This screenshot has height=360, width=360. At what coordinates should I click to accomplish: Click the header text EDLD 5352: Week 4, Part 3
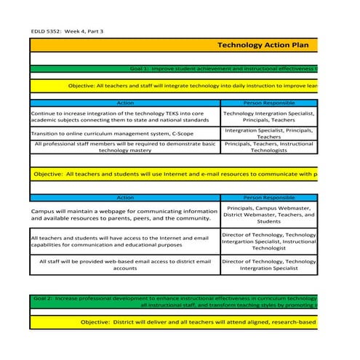67,31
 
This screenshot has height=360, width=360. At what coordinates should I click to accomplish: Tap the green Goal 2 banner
175,302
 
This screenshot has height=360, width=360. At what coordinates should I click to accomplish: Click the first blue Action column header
124,103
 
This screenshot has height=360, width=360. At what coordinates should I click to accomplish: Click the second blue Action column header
124,197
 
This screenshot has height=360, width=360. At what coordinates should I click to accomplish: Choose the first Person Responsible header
268,103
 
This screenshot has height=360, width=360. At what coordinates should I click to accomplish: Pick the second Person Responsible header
268,197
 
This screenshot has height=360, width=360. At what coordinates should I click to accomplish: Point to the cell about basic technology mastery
124,148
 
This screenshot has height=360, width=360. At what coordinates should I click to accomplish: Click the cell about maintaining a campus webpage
124,215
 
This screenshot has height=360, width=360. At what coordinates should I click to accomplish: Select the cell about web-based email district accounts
124,265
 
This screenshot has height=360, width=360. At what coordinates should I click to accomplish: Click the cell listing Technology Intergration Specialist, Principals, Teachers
268,117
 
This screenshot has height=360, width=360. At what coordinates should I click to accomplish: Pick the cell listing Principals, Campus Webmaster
268,215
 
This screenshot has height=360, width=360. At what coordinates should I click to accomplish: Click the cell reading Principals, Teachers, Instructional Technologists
268,148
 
